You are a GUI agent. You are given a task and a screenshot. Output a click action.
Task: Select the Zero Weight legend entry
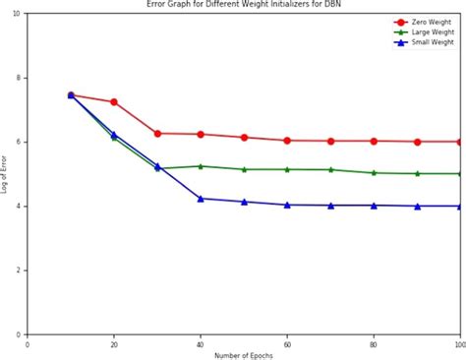tap(430, 22)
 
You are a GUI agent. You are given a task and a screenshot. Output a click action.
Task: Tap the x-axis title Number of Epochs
tap(244, 355)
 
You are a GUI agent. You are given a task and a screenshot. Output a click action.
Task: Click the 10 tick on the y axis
tap(19, 14)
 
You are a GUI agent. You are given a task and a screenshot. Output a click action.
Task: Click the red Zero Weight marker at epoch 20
tap(114, 101)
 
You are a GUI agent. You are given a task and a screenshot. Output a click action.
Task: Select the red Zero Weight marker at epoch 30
tap(157, 133)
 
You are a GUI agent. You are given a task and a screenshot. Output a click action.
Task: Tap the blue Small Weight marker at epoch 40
tap(201, 199)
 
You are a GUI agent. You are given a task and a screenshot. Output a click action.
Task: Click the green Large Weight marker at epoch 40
tap(201, 166)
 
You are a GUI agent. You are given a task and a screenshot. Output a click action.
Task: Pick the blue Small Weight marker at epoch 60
tap(287, 205)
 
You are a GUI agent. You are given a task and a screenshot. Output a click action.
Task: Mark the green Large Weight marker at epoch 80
tap(374, 172)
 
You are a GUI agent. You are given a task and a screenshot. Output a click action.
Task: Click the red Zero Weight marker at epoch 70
tap(330, 141)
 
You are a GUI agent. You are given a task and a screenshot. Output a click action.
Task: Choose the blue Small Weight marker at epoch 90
tap(417, 206)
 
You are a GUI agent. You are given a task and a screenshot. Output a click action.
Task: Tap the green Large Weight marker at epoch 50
tap(244, 169)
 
